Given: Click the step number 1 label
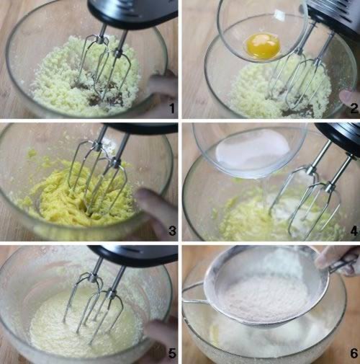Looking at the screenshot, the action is coord(172,109).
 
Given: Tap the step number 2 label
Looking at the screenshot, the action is coord(354,109).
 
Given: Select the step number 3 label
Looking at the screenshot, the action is coord(172,231).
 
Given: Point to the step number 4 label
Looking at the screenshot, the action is coord(354,231).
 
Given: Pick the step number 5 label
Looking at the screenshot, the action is coord(172,353).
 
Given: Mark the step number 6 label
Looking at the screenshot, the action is coord(354,353).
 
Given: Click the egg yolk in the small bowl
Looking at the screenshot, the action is coord(264,46).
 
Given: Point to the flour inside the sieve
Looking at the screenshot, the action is coord(265,298).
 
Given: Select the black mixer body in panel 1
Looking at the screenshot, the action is coord(132,12).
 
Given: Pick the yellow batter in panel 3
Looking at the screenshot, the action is coord(79,197).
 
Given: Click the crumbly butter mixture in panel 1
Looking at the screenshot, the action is coord(86,77).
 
